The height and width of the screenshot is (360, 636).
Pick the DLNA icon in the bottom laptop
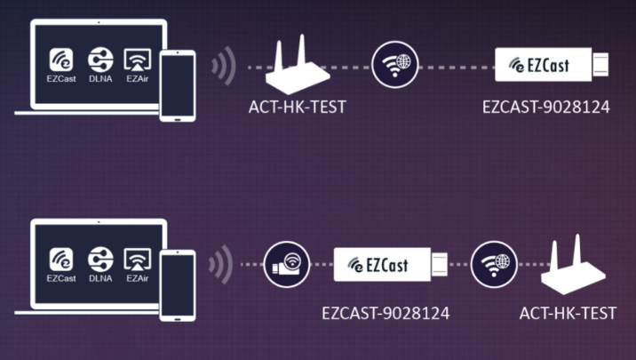(x=100, y=259)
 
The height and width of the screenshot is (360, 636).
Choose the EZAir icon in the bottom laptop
(x=138, y=259)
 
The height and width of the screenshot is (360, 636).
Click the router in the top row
(x=298, y=68)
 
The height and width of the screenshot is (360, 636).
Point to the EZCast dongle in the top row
(x=551, y=65)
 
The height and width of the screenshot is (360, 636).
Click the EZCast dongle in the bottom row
(x=390, y=265)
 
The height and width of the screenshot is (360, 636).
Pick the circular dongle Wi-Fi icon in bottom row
(x=286, y=265)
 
